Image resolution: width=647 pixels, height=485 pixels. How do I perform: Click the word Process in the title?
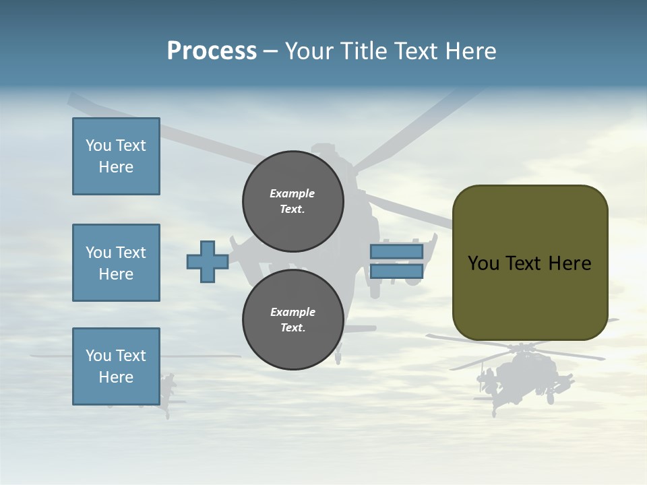tap(212, 51)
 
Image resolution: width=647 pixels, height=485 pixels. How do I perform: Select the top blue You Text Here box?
tap(116, 156)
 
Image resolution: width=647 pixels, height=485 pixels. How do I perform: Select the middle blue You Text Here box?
tap(116, 263)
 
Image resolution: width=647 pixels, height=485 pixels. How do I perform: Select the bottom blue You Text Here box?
tap(116, 366)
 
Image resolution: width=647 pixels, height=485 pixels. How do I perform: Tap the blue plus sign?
tap(208, 261)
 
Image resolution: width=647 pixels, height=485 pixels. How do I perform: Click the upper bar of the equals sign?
tap(396, 251)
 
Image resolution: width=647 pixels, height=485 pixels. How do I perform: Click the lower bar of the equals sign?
tap(396, 271)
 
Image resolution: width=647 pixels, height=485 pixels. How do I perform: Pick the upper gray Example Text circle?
tap(292, 201)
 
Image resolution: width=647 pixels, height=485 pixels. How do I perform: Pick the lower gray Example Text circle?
tap(292, 320)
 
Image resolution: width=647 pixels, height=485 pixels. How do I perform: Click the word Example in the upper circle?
tap(292, 193)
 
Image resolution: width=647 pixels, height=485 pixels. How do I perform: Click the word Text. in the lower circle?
tap(292, 328)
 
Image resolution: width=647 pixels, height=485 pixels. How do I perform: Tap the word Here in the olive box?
tap(569, 263)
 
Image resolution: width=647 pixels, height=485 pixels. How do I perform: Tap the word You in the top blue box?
tap(98, 145)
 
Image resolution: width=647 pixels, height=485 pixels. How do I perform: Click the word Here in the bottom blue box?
tap(116, 377)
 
